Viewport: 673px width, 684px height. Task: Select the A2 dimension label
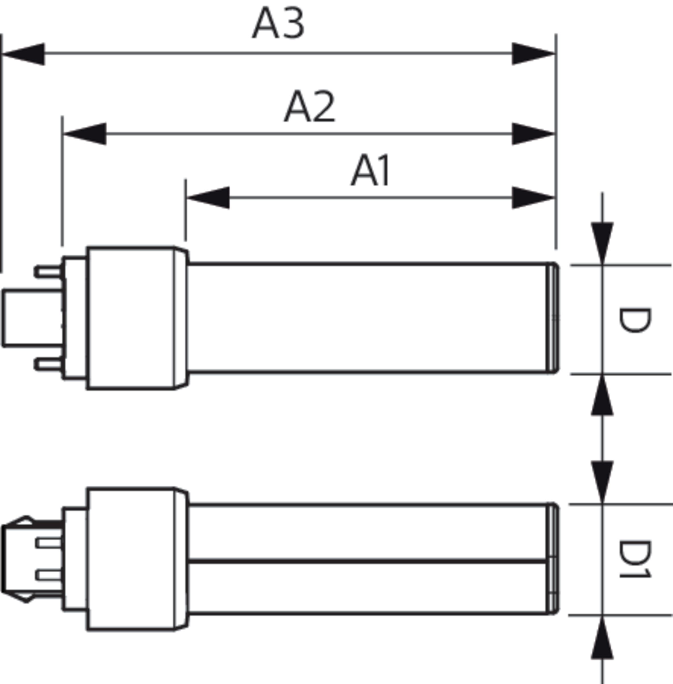[x=309, y=107]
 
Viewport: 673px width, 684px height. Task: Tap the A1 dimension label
[x=371, y=170]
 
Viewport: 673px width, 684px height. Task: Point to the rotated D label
[x=634, y=320]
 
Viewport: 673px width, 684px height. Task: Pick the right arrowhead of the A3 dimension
[x=533, y=54]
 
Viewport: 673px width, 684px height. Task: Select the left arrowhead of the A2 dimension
[x=85, y=134]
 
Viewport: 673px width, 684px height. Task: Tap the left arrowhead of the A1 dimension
[x=208, y=197]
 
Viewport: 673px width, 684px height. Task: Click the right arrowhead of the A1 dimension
[x=533, y=197]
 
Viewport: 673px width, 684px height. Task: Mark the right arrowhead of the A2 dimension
[x=533, y=134]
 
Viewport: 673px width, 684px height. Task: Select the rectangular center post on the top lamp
[x=32, y=317]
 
